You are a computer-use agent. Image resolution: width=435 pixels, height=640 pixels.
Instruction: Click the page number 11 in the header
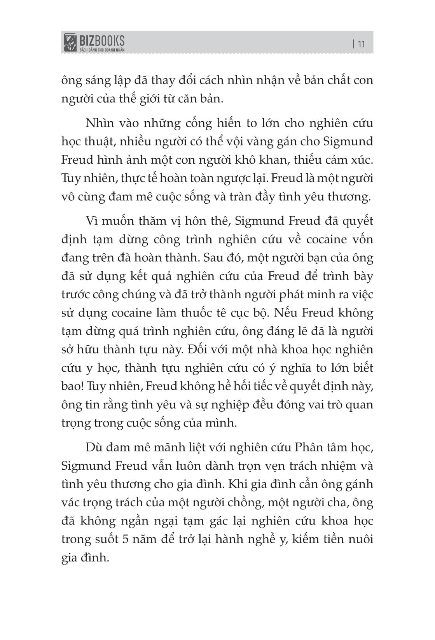click(361, 44)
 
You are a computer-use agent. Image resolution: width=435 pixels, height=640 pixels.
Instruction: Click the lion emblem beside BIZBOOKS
click(70, 42)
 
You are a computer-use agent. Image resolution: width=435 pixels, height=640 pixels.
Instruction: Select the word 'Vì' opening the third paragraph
click(92, 221)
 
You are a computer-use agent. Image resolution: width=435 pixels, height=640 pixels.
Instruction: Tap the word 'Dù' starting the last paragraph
click(94, 447)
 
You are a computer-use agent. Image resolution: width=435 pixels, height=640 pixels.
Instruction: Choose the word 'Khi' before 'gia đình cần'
click(237, 484)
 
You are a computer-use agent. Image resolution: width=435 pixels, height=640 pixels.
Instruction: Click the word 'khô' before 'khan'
click(264, 160)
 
